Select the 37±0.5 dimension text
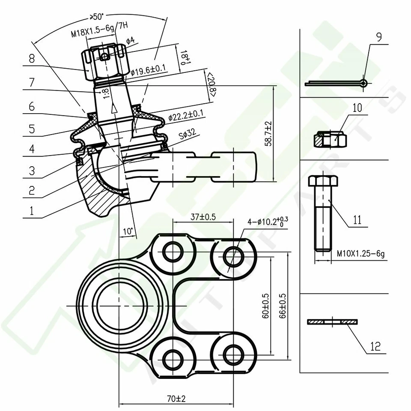[202, 217]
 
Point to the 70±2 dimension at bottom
[176, 399]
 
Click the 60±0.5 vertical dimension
[265, 306]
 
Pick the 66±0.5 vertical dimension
[282, 306]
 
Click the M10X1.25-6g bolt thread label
[360, 254]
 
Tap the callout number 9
[378, 37]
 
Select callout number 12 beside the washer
[375, 346]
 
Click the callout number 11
[357, 220]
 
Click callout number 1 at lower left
[30, 211]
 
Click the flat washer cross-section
[333, 321]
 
